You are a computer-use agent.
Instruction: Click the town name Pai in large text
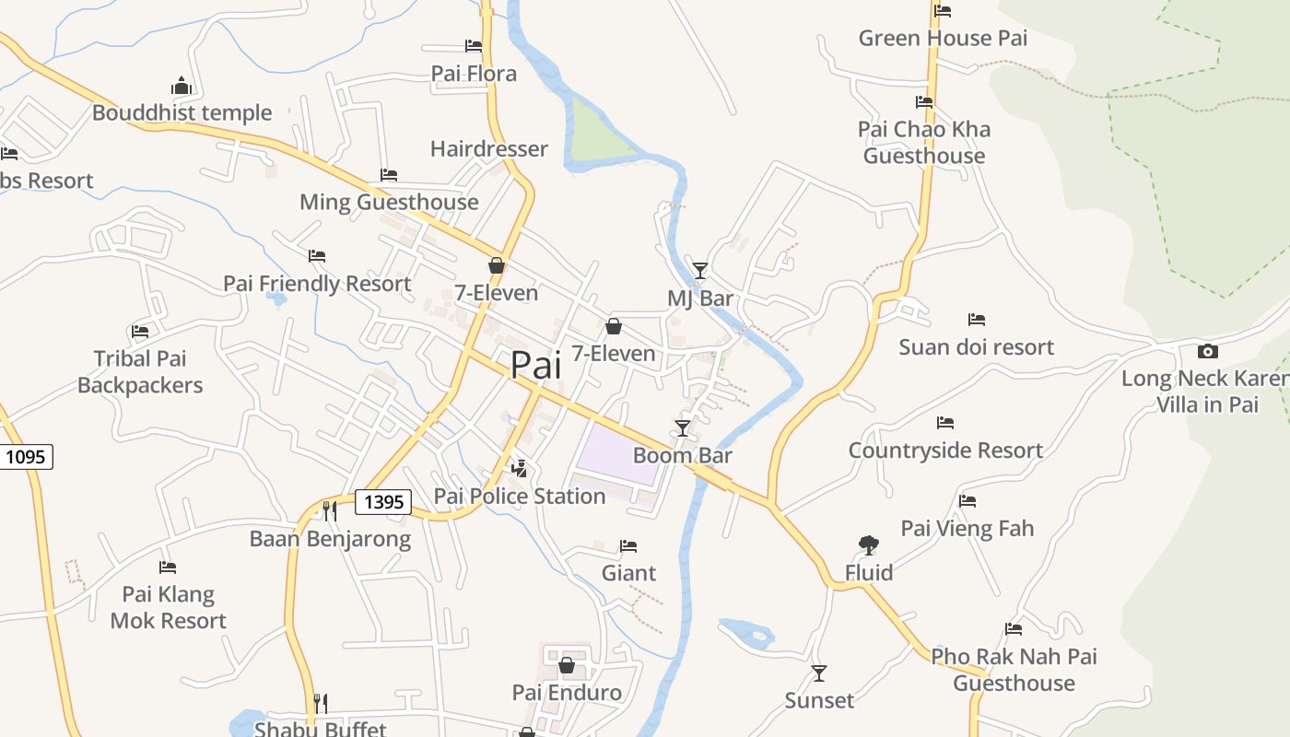tap(535, 365)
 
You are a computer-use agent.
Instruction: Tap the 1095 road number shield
tap(26, 456)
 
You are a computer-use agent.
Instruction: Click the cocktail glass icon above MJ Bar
tap(700, 270)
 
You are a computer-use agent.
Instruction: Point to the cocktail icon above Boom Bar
tap(683, 427)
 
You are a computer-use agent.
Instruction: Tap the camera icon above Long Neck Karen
tap(1207, 351)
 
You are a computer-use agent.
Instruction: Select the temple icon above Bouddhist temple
tap(182, 87)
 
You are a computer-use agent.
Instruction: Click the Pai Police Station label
tap(520, 496)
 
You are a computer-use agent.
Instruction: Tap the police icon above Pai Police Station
tap(520, 468)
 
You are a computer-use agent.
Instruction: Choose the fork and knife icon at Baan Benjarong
tap(329, 510)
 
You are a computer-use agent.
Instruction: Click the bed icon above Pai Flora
tap(474, 45)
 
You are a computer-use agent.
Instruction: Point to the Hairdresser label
tap(488, 148)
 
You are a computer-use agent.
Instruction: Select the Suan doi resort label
tap(976, 347)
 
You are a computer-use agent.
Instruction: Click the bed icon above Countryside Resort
tap(945, 423)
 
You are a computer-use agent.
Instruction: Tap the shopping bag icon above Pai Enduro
tap(567, 665)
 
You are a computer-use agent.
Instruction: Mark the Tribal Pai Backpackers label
tap(140, 371)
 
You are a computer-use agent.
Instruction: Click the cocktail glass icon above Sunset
tap(818, 673)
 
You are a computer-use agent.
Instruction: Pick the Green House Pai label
tap(943, 38)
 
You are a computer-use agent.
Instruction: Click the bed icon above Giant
tap(628, 546)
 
